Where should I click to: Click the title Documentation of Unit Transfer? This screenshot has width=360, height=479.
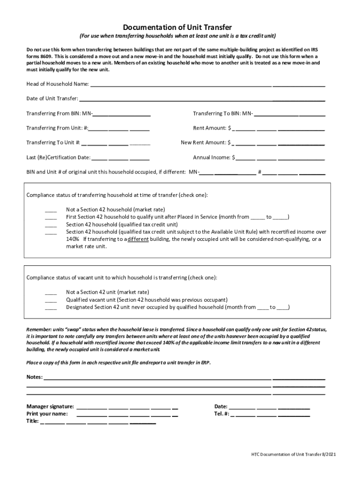180,28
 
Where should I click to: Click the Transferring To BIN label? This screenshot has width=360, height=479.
223,114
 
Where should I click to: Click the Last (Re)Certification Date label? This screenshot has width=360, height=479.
58,158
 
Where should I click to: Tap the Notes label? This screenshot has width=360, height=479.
34,377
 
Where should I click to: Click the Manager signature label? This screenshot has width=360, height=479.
50,406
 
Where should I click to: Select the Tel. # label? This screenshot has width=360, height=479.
222,414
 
